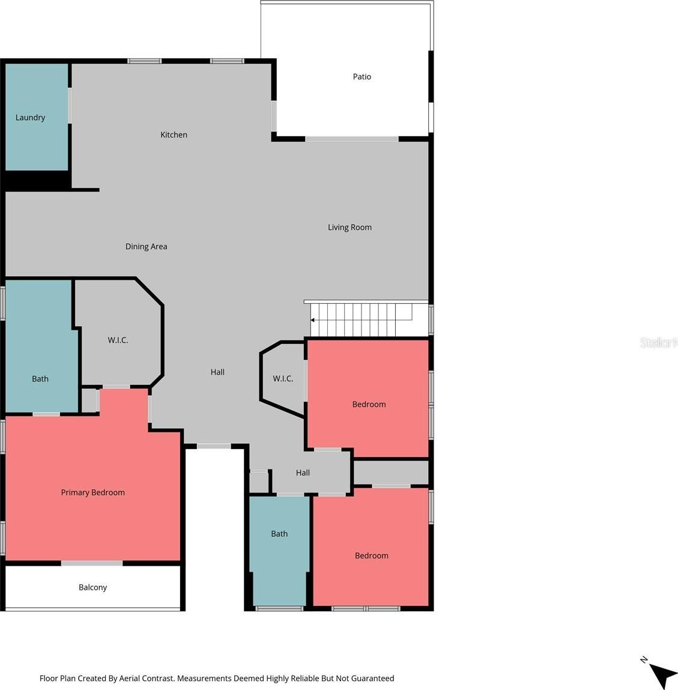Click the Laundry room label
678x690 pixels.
[31, 118]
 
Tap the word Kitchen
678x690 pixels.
[174, 135]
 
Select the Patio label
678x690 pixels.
[362, 77]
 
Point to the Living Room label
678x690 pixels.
[350, 228]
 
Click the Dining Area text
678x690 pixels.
[146, 246]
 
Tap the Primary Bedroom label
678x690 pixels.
[93, 492]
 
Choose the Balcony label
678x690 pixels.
[93, 587]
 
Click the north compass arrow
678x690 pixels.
[662, 675]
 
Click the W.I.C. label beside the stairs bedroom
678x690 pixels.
[283, 378]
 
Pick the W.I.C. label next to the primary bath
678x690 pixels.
[118, 340]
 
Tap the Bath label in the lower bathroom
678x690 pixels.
[279, 534]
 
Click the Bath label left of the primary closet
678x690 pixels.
[40, 379]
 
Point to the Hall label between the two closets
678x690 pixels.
[217, 372]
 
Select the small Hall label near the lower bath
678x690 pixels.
[303, 473]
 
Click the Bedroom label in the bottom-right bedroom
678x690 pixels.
[372, 556]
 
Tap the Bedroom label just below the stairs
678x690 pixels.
[369, 404]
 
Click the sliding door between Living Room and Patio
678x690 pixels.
[352, 139]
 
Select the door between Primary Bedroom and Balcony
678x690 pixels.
[92, 563]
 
